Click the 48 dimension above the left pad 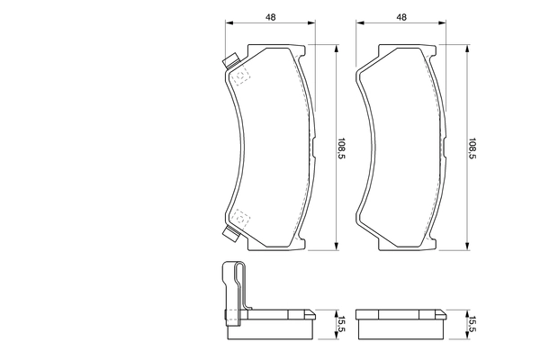(x=271, y=17)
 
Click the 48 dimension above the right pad (x=401, y=17)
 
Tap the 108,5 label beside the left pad (x=342, y=148)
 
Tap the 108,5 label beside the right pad (x=472, y=148)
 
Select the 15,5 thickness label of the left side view (x=342, y=324)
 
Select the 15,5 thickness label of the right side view (x=472, y=324)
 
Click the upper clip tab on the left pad (x=230, y=60)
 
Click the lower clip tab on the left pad (x=230, y=234)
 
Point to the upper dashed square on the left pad (x=240, y=76)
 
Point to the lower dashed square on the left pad (x=240, y=219)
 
